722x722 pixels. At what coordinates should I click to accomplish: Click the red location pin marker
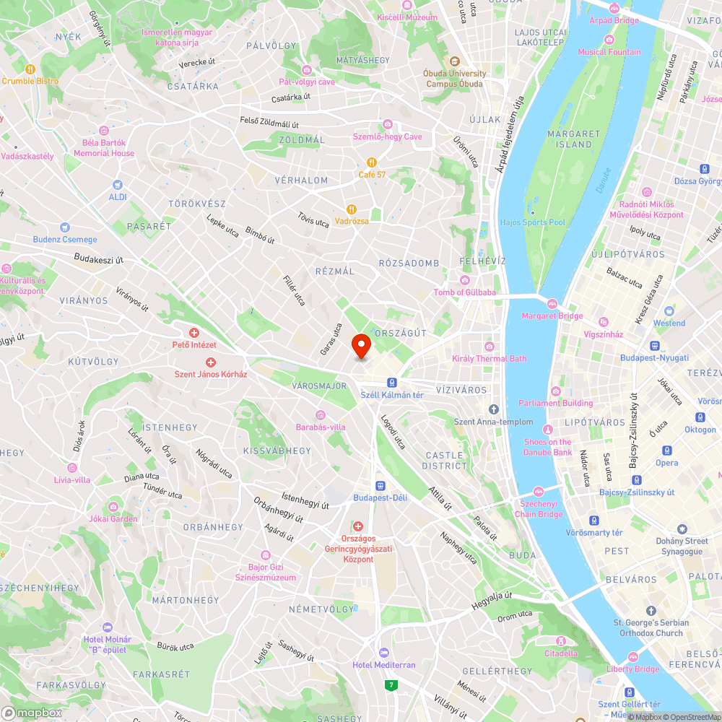click(x=361, y=347)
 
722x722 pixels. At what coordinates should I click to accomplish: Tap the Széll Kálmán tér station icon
click(x=391, y=383)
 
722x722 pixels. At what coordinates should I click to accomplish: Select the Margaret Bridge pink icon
click(x=552, y=304)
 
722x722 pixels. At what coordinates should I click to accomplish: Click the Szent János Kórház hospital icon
click(x=211, y=362)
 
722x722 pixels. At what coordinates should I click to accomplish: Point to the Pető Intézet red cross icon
click(x=194, y=333)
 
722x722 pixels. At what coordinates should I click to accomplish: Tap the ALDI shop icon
click(x=117, y=185)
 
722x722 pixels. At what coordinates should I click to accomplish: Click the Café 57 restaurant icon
click(x=372, y=162)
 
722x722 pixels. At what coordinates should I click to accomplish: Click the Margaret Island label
click(x=574, y=139)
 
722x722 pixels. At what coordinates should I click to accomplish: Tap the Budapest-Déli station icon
click(x=380, y=486)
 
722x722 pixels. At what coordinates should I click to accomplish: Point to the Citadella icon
click(x=560, y=641)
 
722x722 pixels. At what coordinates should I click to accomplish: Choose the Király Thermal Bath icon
click(x=490, y=347)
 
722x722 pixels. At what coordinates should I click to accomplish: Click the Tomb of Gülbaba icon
click(x=465, y=280)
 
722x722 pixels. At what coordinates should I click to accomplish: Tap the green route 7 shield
click(x=391, y=684)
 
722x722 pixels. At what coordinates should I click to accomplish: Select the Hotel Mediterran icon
click(x=383, y=653)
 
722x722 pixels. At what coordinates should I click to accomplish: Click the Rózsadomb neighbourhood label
click(x=409, y=263)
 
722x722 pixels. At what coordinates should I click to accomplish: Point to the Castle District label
click(x=447, y=461)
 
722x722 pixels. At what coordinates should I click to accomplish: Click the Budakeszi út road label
click(x=99, y=258)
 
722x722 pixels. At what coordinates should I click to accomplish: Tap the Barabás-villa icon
click(x=321, y=414)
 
